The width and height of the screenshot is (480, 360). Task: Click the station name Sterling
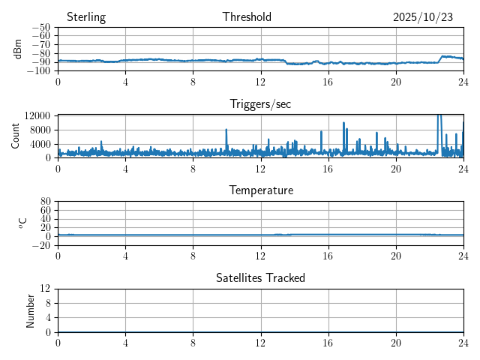[x=85, y=17]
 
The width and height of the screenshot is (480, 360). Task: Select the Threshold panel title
[x=247, y=17]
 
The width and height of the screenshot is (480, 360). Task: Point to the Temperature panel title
[x=261, y=190]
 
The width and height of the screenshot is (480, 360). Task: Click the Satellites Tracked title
[x=260, y=277]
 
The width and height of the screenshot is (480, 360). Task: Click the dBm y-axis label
[x=19, y=49]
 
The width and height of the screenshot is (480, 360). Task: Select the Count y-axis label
[x=16, y=136]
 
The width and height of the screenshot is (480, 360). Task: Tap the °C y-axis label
[x=22, y=223]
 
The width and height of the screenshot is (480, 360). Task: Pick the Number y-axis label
[x=31, y=310]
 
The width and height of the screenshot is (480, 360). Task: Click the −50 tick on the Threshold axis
[x=41, y=27]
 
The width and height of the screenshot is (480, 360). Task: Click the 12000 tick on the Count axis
[x=37, y=115]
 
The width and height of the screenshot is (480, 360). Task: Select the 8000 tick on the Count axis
[x=39, y=130]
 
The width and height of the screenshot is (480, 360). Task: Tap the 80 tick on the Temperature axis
[x=46, y=202]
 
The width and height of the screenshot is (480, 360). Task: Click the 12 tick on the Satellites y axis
[x=46, y=289]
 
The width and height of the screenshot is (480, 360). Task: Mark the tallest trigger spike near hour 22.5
[x=439, y=117]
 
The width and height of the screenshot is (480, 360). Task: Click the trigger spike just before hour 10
[x=226, y=131]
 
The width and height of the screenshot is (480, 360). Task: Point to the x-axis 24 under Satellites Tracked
[x=463, y=342]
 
